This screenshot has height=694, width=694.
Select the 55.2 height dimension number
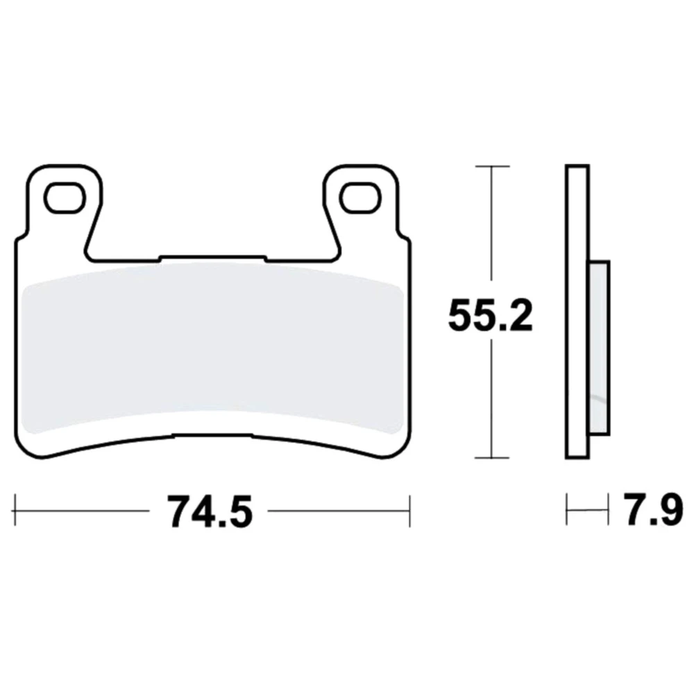(x=491, y=316)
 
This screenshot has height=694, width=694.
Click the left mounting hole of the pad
(x=65, y=197)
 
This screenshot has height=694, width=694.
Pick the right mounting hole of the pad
(x=361, y=197)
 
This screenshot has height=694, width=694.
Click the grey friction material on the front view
(x=212, y=348)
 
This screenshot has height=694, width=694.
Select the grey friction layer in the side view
(x=600, y=348)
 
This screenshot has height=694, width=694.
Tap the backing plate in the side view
(x=577, y=312)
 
